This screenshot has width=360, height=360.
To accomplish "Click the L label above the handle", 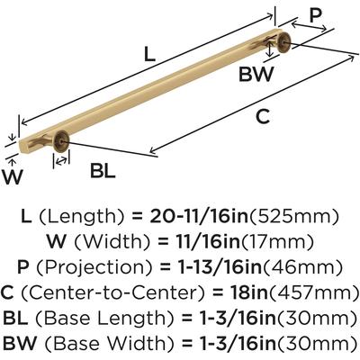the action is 149,55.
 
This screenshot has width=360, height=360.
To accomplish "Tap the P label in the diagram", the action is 315,15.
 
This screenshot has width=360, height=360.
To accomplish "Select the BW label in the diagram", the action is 256,74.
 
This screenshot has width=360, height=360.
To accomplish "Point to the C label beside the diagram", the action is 263,117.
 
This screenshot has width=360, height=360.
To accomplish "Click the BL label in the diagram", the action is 103,171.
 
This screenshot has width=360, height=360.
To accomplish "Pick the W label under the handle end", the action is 13,177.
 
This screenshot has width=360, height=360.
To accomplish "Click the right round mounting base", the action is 283,42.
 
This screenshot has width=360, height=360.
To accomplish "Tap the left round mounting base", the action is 61,140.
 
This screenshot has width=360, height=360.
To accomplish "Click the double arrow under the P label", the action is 309,26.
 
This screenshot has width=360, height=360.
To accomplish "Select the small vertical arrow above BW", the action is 271,49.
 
